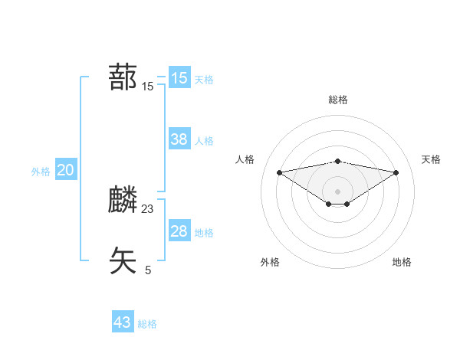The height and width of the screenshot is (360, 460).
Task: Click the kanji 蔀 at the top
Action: tap(123, 77)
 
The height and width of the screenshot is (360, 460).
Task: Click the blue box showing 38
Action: tap(179, 139)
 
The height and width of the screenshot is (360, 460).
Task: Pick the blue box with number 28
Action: tap(179, 231)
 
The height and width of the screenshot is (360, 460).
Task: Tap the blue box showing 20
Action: tap(65, 170)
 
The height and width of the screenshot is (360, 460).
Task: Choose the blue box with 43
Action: tap(123, 322)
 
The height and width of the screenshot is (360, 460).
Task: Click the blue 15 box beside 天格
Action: tap(179, 78)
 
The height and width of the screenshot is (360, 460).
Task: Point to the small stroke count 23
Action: tap(148, 208)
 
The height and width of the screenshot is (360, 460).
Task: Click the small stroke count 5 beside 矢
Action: tap(148, 270)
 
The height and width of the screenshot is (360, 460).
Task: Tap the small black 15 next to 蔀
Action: tap(148, 87)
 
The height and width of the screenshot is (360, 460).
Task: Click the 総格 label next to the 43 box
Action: tap(147, 324)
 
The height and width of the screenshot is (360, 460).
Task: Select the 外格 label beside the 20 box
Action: tap(41, 172)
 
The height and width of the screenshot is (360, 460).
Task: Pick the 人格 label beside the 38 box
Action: tap(204, 141)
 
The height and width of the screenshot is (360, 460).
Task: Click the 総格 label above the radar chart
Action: tap(338, 100)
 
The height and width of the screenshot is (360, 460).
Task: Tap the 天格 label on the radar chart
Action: tap(431, 159)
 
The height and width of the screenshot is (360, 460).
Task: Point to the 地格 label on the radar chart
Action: tap(402, 262)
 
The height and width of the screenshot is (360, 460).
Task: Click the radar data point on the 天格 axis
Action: tap(396, 172)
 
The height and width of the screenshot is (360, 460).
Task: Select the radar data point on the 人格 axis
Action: tap(279, 172)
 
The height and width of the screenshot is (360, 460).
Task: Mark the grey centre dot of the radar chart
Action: tap(338, 191)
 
